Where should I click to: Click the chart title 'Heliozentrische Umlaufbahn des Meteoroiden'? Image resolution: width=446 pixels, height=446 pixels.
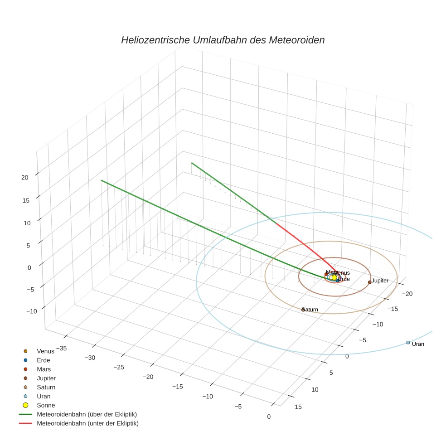tap(223, 40)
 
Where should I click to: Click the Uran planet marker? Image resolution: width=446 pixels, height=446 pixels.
tap(408, 342)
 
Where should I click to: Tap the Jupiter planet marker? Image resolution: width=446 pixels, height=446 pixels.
tap(370, 282)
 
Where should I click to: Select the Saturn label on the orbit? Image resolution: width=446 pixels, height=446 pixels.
tap(310, 310)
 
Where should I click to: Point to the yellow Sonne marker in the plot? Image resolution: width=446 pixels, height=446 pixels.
tap(334, 277)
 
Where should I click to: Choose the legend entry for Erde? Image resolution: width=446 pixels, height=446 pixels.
tap(43, 360)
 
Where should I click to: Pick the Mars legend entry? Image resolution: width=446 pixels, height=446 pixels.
tap(44, 369)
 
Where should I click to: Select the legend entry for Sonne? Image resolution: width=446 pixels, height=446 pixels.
tap(46, 405)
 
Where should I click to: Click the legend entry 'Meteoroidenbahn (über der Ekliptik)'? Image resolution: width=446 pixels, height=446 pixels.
tap(87, 414)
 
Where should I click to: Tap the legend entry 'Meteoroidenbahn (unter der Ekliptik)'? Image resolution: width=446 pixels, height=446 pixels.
tap(87, 423)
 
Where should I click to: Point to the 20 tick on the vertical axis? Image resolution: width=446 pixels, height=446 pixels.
tap(25, 178)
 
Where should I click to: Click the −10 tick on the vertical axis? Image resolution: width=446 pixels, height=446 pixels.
tap(31, 311)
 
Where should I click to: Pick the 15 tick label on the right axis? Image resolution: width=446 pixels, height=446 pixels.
tap(298, 407)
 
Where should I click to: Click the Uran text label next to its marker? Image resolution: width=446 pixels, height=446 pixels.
tap(418, 344)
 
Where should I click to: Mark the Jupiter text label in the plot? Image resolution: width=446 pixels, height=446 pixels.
tap(380, 281)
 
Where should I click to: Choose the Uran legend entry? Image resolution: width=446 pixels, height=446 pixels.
tap(44, 396)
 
